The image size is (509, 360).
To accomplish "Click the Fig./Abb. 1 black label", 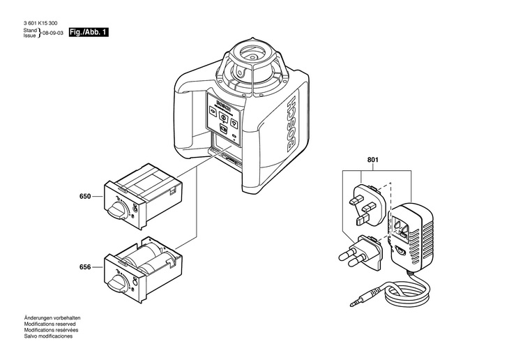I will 89,33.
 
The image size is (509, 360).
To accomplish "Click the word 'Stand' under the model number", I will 30,31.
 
